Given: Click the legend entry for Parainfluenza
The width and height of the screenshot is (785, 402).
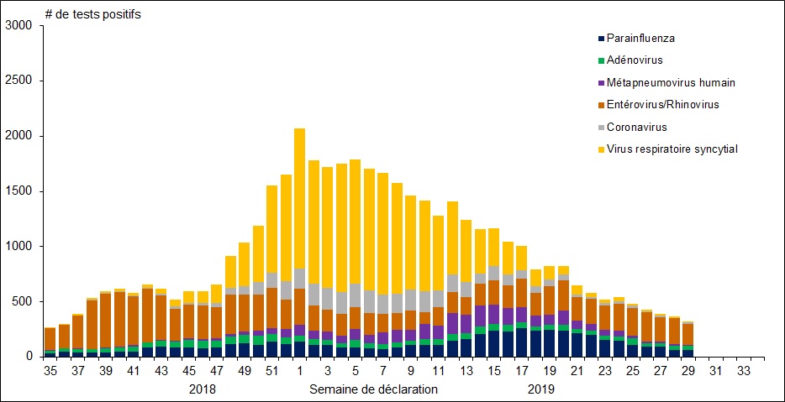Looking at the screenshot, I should click(640, 38).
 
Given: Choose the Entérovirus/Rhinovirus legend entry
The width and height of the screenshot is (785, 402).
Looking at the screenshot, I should click(662, 105).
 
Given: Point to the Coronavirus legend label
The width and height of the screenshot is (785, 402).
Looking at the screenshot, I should click(637, 127).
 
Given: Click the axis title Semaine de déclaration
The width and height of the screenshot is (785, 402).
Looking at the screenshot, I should click(373, 389).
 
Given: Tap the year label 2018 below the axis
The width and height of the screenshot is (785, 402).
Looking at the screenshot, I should click(203, 389).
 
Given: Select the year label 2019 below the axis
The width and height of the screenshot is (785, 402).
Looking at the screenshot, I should click(542, 389).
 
